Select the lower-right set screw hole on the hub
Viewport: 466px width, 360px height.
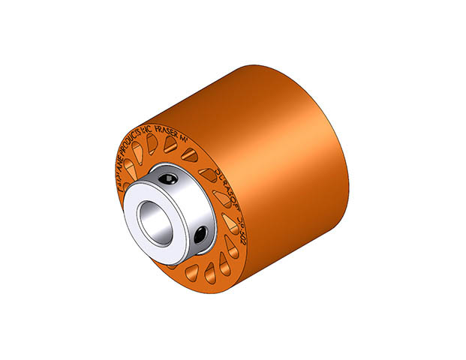click(200, 235)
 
